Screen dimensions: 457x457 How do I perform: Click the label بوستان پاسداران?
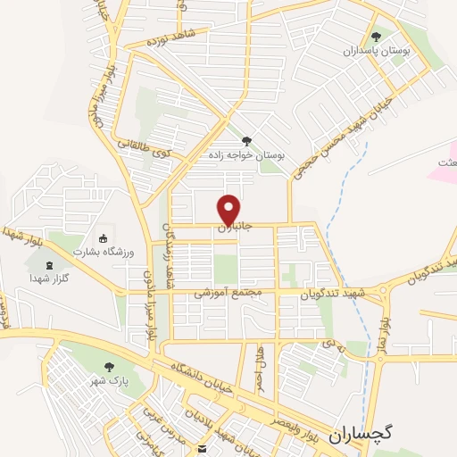click(x=381, y=52)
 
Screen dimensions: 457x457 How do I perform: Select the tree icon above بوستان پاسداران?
click(x=375, y=37)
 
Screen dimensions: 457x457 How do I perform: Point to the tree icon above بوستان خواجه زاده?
click(x=246, y=140)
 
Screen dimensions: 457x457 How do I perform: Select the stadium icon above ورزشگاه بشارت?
click(x=103, y=238)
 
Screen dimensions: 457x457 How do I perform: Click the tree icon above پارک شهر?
click(x=109, y=367)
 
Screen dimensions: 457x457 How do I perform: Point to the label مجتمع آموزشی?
click(x=226, y=294)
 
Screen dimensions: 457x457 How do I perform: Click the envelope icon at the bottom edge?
click(x=203, y=447)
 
